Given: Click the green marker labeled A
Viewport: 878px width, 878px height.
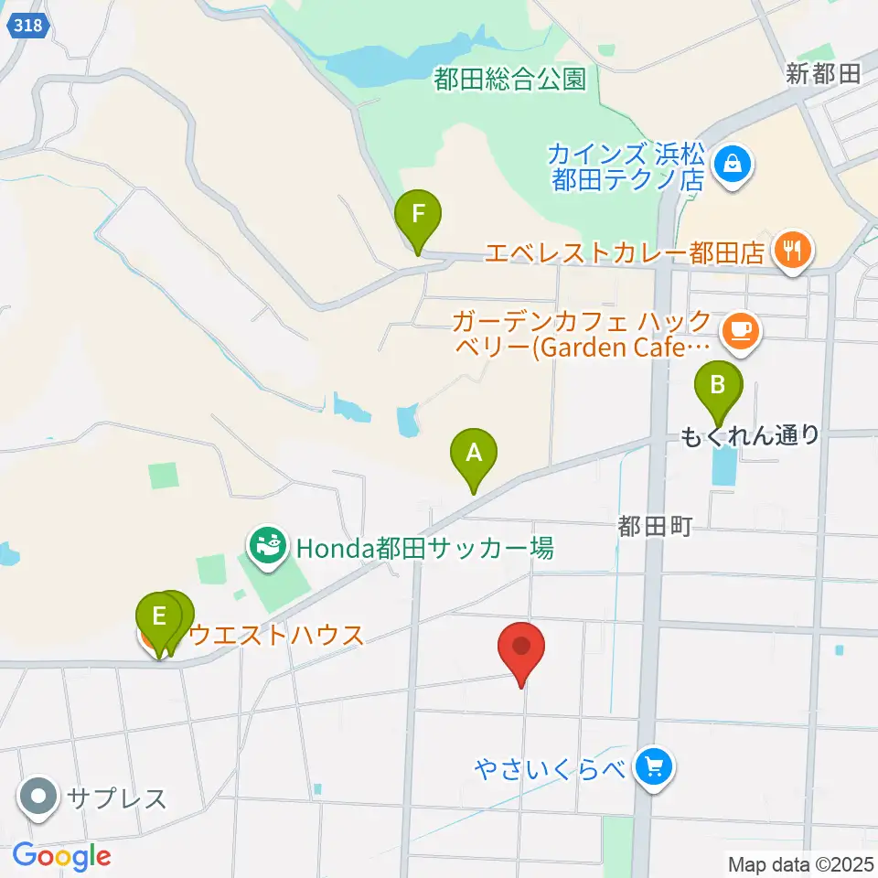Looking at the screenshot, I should coord(474,453).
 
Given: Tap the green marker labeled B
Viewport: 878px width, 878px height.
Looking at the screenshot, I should coord(718,385).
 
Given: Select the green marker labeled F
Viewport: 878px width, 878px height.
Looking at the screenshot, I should coord(418,216).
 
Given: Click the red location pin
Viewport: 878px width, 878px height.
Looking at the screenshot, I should coord(521,648).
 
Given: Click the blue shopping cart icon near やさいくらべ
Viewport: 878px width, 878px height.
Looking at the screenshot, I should coord(653,766).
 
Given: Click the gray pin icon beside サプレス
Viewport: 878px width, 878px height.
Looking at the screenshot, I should coord(38,797).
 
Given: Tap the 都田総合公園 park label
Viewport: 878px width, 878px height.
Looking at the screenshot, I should coord(509,80).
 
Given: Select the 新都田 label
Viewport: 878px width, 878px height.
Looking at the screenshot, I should coord(823,75).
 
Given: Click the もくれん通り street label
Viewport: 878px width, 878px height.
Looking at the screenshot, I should coord(750,436).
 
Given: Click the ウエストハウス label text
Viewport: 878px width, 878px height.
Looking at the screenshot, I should coord(275,635).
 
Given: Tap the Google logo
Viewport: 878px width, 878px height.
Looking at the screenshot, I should coord(61,856).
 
